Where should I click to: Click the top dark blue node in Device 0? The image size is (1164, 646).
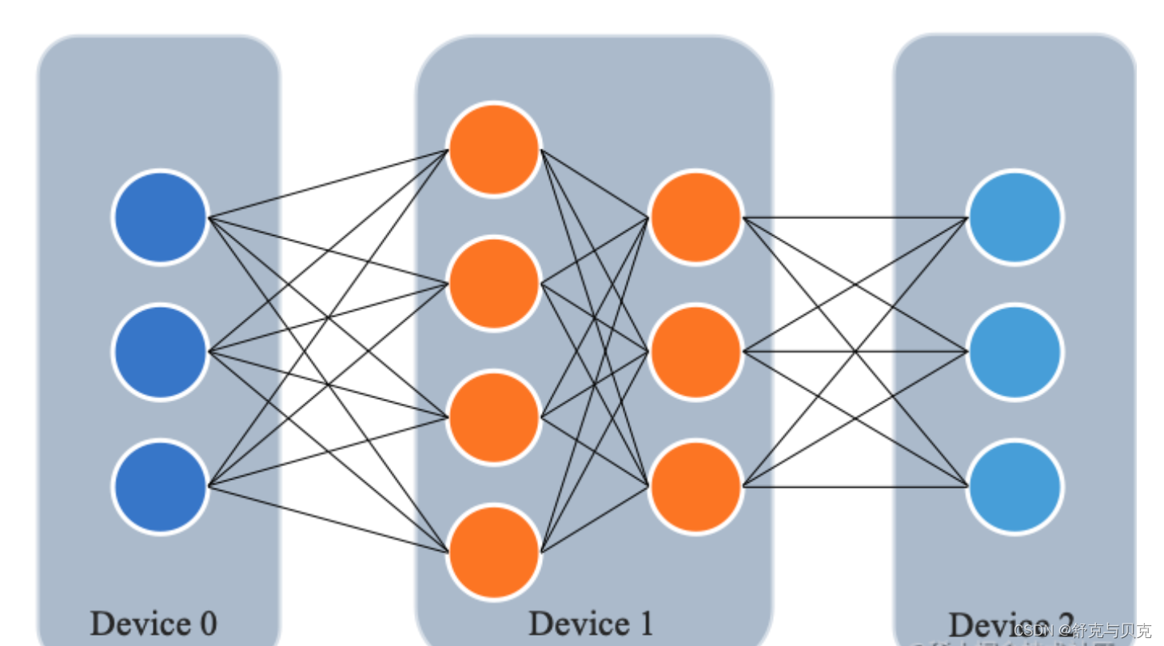tap(161, 217)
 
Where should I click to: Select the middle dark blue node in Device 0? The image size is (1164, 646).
tap(161, 352)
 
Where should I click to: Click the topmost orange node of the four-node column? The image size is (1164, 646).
tap(494, 149)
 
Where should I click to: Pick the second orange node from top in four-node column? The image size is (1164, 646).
tap(494, 283)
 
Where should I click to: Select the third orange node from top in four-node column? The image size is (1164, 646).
tap(494, 417)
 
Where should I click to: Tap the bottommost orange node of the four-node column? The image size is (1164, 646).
tap(494, 552)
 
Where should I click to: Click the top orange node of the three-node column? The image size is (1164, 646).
tap(696, 217)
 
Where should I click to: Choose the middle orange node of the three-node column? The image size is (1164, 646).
tap(696, 352)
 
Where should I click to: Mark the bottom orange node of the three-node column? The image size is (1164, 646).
tap(696, 486)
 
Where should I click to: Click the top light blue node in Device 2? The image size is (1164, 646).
tap(1015, 217)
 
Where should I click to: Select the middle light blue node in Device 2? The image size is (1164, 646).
tap(1015, 352)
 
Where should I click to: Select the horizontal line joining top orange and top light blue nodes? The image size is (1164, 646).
tap(855, 217)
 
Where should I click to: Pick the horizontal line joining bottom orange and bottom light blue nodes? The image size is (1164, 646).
tap(855, 486)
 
